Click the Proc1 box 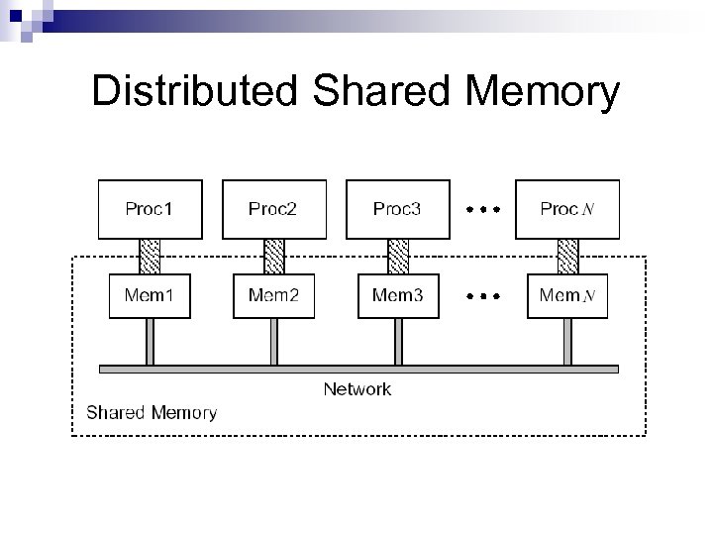point(150,209)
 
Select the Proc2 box point(273,209)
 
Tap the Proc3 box point(397,209)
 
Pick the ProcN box point(567,209)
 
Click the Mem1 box point(150,295)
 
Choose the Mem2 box point(273,295)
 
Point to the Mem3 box point(397,295)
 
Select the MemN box point(567,295)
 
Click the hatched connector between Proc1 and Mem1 point(150,256)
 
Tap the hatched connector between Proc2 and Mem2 point(274,256)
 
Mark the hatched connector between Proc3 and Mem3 point(398,256)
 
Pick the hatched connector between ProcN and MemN point(568,256)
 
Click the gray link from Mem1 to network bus point(150,342)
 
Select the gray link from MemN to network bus point(568,342)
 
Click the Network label point(357,389)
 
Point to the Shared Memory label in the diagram point(152,412)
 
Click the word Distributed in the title point(194,92)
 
